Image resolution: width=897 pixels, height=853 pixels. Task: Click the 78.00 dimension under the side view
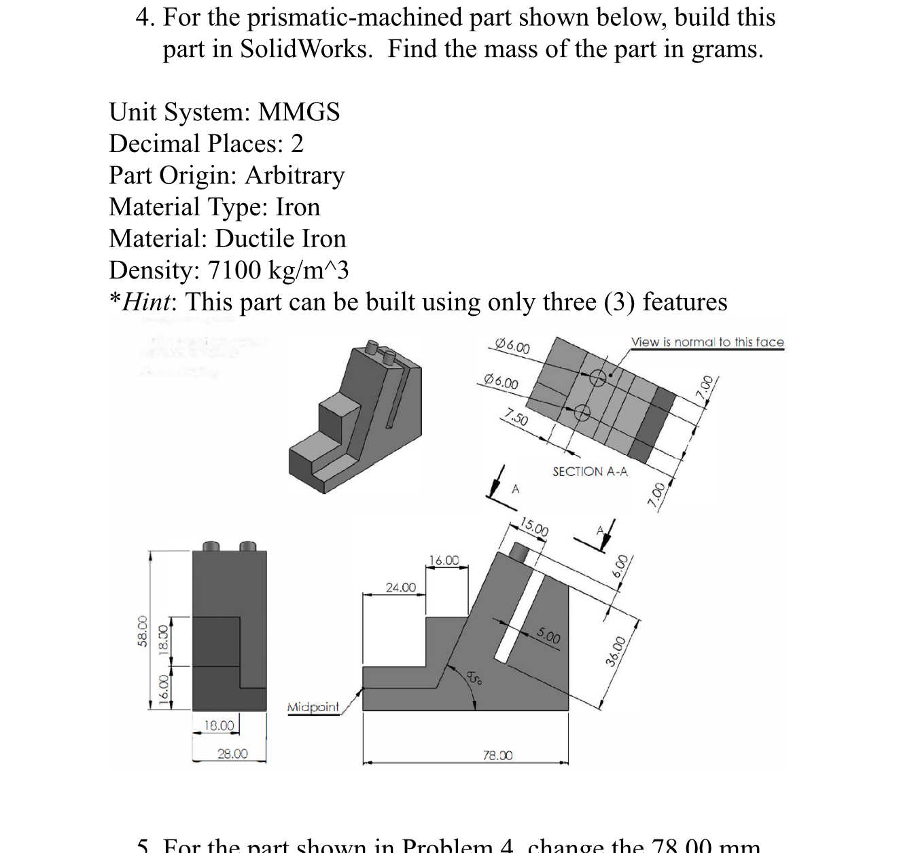tap(497, 755)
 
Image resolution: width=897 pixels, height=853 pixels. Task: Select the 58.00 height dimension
tap(142, 631)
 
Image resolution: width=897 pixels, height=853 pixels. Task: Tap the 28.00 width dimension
tap(232, 753)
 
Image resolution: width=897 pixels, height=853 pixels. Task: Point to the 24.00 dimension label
tap(400, 587)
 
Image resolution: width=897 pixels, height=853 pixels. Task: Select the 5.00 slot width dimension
tap(548, 636)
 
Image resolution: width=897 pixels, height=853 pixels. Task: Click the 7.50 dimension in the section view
tap(516, 417)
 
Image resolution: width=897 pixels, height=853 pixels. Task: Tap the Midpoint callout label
tap(313, 707)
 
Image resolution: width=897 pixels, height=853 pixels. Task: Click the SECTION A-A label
tap(590, 471)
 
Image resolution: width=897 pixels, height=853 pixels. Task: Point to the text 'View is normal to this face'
tap(707, 342)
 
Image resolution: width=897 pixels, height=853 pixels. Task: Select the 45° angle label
tap(474, 677)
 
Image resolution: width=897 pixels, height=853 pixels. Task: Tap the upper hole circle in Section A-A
tap(597, 378)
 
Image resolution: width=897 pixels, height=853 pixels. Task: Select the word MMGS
tap(299, 112)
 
